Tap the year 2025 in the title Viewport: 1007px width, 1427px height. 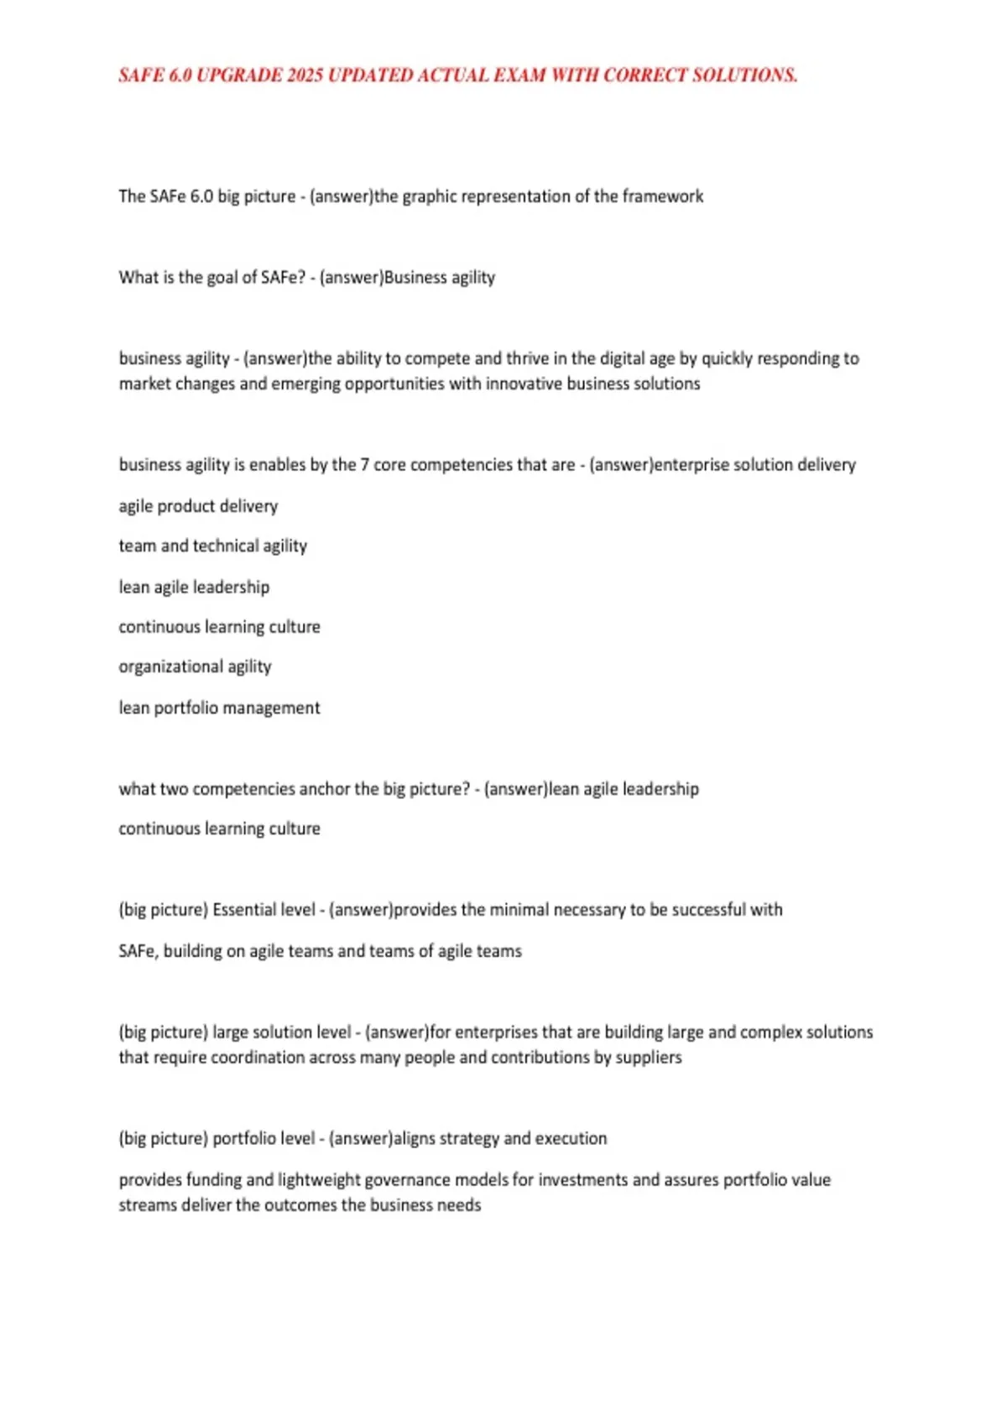pyautogui.click(x=305, y=76)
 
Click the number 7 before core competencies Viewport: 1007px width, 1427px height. pyautogui.click(x=364, y=465)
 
